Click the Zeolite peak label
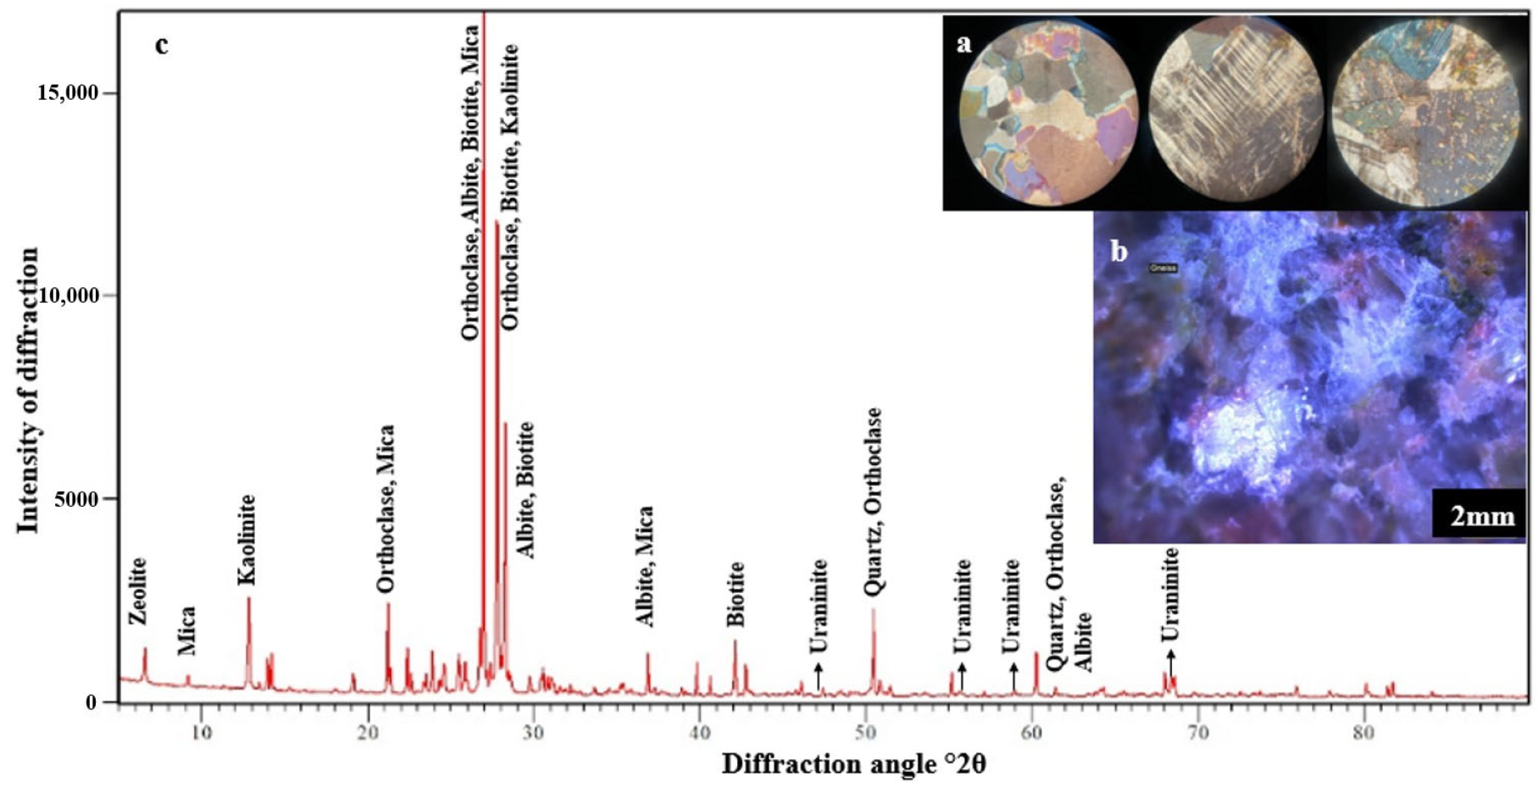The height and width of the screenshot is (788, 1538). (138, 591)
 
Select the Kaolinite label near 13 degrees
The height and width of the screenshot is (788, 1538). (246, 540)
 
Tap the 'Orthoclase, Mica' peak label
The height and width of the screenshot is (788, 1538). (386, 508)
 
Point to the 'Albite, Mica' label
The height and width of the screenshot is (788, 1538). (645, 566)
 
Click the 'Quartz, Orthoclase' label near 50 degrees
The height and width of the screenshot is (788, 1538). (872, 502)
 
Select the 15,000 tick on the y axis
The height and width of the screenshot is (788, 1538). (67, 92)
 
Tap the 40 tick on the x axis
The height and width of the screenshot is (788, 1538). (699, 730)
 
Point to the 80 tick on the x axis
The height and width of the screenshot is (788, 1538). (1363, 730)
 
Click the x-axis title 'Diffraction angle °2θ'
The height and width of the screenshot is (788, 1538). (853, 764)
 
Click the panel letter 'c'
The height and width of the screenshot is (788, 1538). (161, 44)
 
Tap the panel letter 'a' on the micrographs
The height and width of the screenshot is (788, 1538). (963, 42)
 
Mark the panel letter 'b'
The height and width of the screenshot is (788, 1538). (1119, 251)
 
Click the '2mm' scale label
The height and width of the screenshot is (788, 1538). (1481, 514)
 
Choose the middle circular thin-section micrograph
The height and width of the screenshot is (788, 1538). (1235, 112)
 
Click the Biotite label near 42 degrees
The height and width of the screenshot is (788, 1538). (736, 593)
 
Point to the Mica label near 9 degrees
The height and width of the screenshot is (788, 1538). (187, 630)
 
